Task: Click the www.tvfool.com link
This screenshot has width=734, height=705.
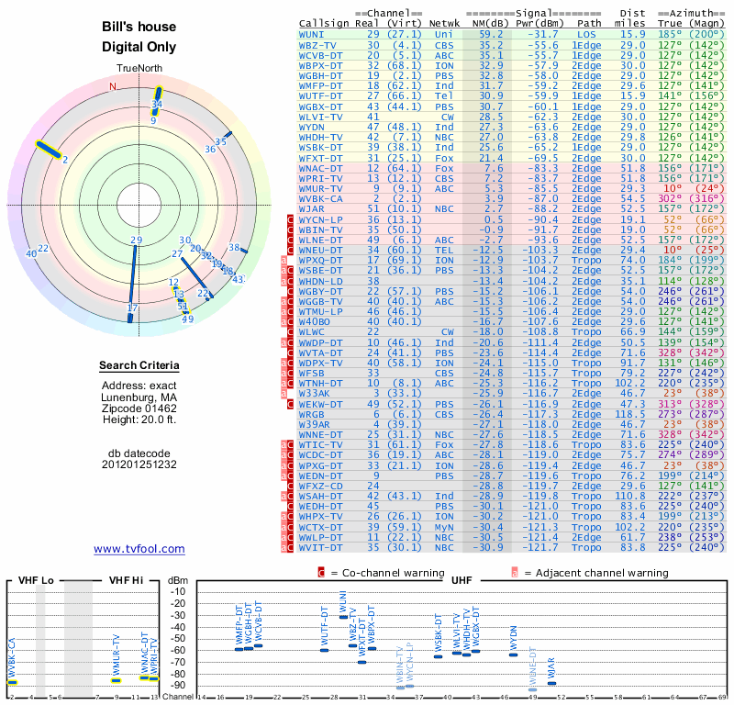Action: (139, 549)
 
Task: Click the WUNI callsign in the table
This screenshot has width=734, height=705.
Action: (311, 34)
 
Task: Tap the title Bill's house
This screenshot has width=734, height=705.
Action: (139, 28)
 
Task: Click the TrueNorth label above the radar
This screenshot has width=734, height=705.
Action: (139, 70)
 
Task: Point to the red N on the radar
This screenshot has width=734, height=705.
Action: (114, 86)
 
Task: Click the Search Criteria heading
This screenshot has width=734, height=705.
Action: (139, 366)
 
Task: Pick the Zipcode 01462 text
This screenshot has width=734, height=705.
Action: (139, 407)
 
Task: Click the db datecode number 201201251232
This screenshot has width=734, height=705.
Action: (139, 464)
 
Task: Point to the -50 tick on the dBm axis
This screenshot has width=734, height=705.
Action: (178, 639)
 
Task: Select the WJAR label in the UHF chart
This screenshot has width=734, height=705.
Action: (551, 673)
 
